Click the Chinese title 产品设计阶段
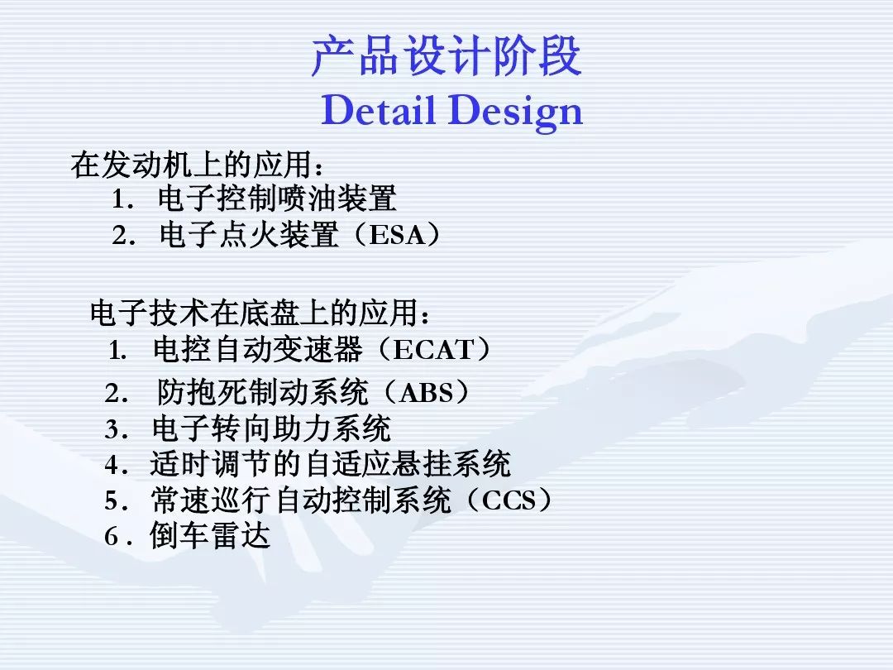pyautogui.click(x=446, y=56)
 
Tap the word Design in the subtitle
pyautogui.click(x=516, y=112)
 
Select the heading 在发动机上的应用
pyautogui.click(x=192, y=165)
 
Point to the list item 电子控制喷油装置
pyautogui.click(x=277, y=199)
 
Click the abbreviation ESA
pyautogui.click(x=397, y=235)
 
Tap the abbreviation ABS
pyautogui.click(x=427, y=393)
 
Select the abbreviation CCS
pyautogui.click(x=509, y=500)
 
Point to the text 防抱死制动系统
pyautogui.click(x=263, y=393)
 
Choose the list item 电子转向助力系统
pyautogui.click(x=272, y=429)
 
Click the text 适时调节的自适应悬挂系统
pyautogui.click(x=331, y=464)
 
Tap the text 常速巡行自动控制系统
pyautogui.click(x=301, y=500)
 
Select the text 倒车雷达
pyautogui.click(x=210, y=535)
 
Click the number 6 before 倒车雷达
pyautogui.click(x=111, y=537)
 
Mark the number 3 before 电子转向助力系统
pyautogui.click(x=112, y=429)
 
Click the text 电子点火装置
pyautogui.click(x=248, y=235)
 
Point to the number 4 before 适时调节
pyautogui.click(x=112, y=466)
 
